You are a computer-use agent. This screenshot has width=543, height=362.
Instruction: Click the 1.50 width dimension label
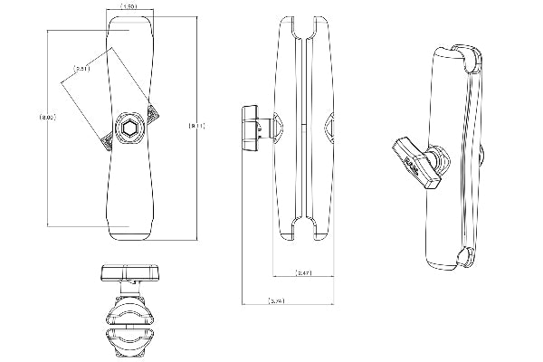pyautogui.click(x=129, y=6)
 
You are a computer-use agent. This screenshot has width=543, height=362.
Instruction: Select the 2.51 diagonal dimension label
pyautogui.click(x=81, y=68)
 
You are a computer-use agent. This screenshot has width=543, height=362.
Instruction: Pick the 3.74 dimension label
pyautogui.click(x=276, y=300)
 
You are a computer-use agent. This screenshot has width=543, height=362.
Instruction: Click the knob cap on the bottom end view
pyautogui.click(x=126, y=272)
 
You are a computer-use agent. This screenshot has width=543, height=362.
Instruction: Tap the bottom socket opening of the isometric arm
pyautogui.click(x=466, y=257)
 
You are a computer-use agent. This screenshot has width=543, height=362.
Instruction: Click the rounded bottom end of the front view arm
pyautogui.click(x=129, y=233)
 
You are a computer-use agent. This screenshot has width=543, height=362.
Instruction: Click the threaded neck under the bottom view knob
pyautogui.click(x=127, y=292)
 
